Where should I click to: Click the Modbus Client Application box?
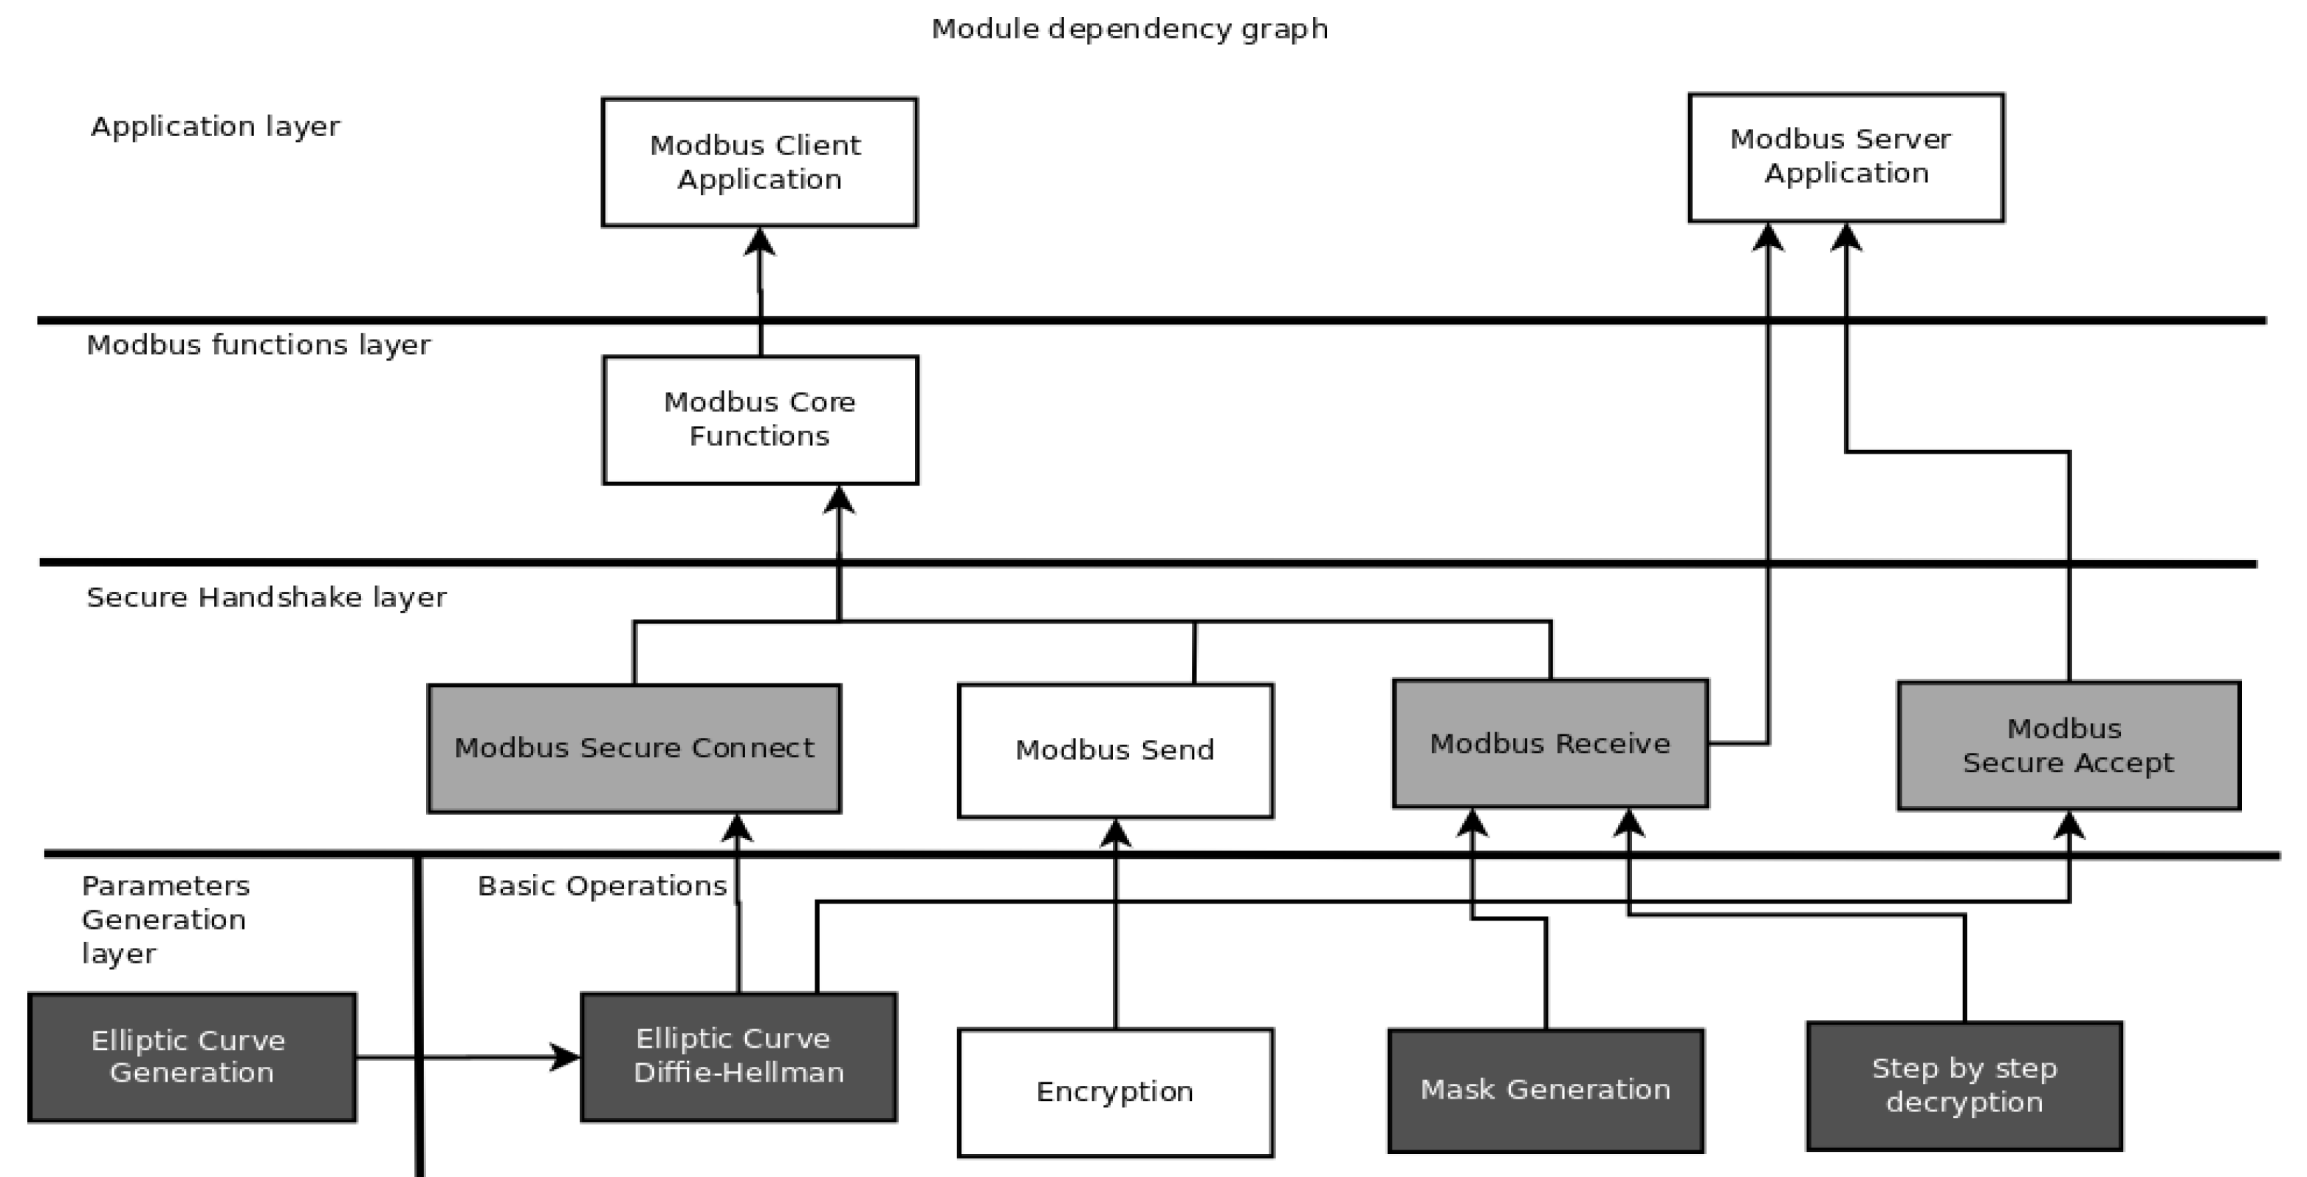(758, 162)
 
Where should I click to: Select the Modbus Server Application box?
(1845, 157)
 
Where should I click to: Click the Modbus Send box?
(1114, 750)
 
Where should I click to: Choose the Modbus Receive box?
(1549, 743)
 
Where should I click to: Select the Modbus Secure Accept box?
(2067, 746)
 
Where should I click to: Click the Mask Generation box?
(1545, 1089)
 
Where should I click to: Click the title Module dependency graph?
(1128, 29)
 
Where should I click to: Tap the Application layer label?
(215, 126)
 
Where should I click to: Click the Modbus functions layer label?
(258, 345)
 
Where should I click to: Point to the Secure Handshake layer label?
(266, 598)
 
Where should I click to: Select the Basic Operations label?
(602, 886)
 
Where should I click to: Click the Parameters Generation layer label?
(165, 919)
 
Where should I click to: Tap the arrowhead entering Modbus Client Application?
(759, 242)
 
